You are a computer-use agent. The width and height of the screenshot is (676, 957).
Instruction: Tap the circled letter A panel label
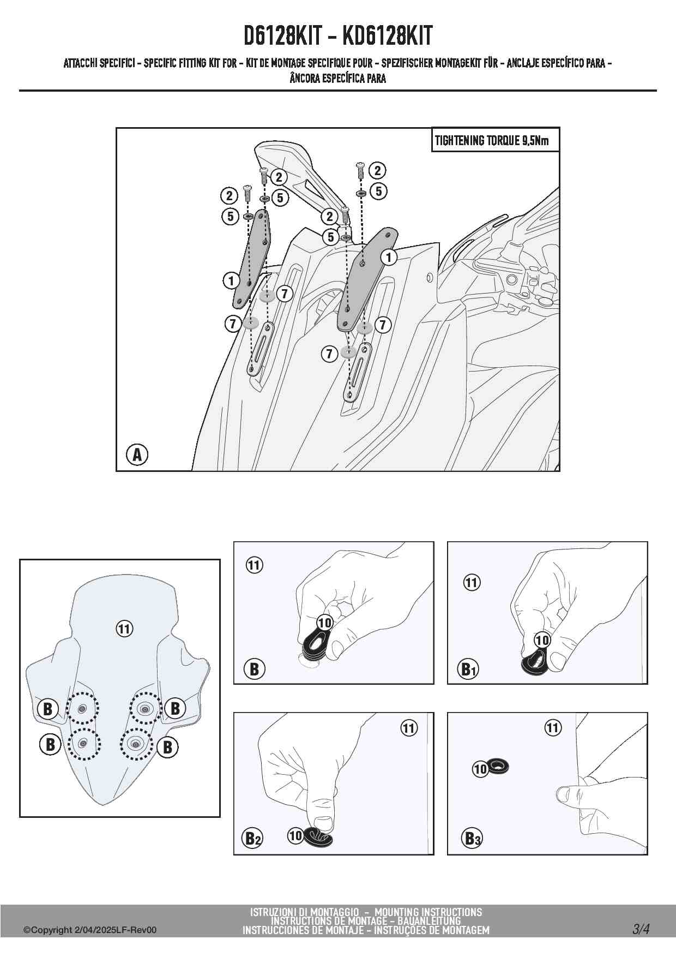[x=137, y=454]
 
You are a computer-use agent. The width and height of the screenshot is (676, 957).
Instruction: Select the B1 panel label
[x=468, y=669]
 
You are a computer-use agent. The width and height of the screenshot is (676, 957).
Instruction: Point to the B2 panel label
[x=251, y=838]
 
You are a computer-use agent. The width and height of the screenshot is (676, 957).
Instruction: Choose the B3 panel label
[x=472, y=838]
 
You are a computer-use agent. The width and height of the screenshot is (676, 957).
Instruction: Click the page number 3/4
[x=641, y=929]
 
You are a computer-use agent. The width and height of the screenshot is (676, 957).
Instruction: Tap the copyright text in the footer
[x=90, y=930]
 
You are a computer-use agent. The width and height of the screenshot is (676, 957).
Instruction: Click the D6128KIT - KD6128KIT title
[x=337, y=36]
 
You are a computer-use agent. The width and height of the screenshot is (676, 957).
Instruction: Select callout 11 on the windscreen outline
[x=124, y=629]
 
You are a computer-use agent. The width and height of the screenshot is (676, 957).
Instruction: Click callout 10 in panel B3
[x=480, y=769]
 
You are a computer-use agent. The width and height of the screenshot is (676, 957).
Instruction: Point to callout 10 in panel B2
[x=295, y=835]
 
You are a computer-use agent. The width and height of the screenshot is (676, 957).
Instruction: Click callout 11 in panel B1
[x=472, y=583]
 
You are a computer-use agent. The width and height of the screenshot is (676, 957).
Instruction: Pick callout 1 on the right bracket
[x=389, y=257]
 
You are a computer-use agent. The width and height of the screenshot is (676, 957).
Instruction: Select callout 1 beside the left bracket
[x=231, y=281]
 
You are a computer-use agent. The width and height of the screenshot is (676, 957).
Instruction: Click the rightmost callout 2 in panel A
[x=377, y=171]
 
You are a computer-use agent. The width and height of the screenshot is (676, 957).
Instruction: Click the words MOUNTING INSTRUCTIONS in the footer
[x=428, y=912]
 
